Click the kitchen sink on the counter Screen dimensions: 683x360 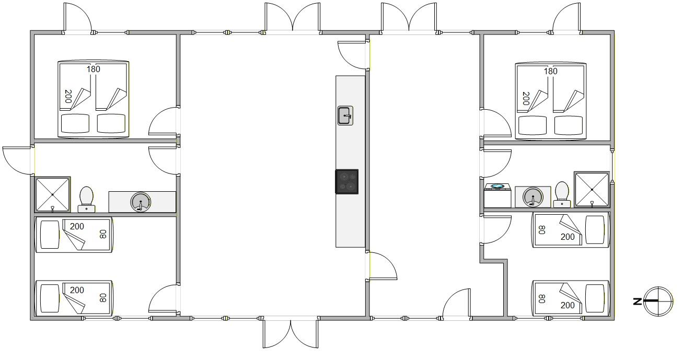coord(345,115)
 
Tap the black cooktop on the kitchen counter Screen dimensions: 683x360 coord(346,182)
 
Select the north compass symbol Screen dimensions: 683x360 coord(658,301)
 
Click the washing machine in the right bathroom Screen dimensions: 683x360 coord(497,195)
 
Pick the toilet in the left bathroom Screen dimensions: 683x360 coord(86,200)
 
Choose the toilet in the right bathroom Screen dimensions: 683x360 coord(562,194)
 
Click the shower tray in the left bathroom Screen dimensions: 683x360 coord(52,194)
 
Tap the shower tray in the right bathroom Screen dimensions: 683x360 coord(592,190)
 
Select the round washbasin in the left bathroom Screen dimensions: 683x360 coord(141,202)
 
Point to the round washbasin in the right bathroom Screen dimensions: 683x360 coord(532,197)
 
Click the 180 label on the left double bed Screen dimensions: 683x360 coord(94,69)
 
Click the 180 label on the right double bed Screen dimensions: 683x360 coord(551,72)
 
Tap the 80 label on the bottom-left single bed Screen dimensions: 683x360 coord(103,298)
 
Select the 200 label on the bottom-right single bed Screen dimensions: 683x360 coord(568,305)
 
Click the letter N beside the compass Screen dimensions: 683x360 coord(637,301)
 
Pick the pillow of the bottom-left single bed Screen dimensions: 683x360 coord(50,298)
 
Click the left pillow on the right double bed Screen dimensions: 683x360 coord(532,125)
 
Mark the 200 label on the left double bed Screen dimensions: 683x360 coord(68,96)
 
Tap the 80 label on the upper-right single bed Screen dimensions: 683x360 coord(542,230)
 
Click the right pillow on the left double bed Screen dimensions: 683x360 coord(111,123)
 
